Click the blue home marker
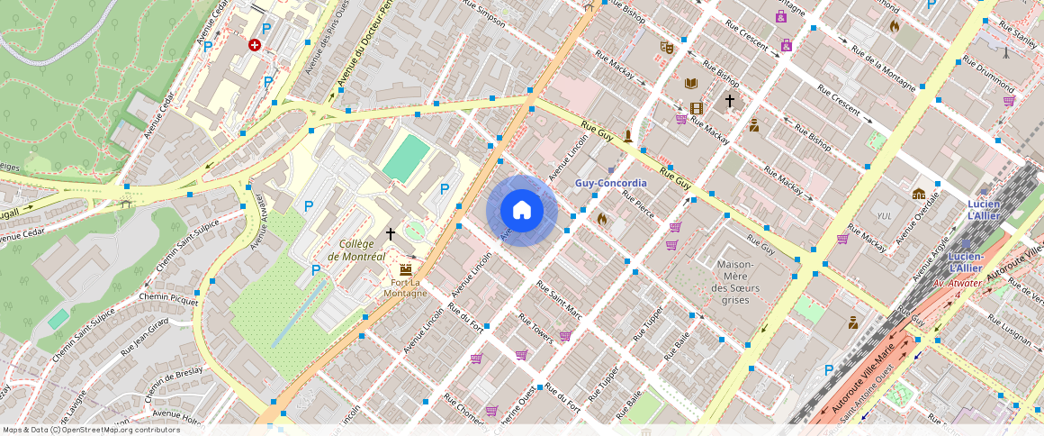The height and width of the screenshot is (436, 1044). click(521, 210)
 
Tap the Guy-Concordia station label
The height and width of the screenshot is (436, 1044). click(610, 183)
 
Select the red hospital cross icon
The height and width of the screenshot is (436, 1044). click(255, 44)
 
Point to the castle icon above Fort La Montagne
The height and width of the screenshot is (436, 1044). click(405, 268)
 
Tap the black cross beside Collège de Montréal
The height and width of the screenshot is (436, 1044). click(391, 233)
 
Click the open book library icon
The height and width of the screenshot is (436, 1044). click(691, 84)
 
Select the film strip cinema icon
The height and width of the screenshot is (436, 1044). click(696, 108)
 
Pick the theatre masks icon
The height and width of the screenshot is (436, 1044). click(667, 47)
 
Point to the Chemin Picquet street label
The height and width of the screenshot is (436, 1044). click(169, 298)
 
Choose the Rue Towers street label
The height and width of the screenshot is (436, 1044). click(535, 329)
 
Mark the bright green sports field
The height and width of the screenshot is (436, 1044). click(407, 158)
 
